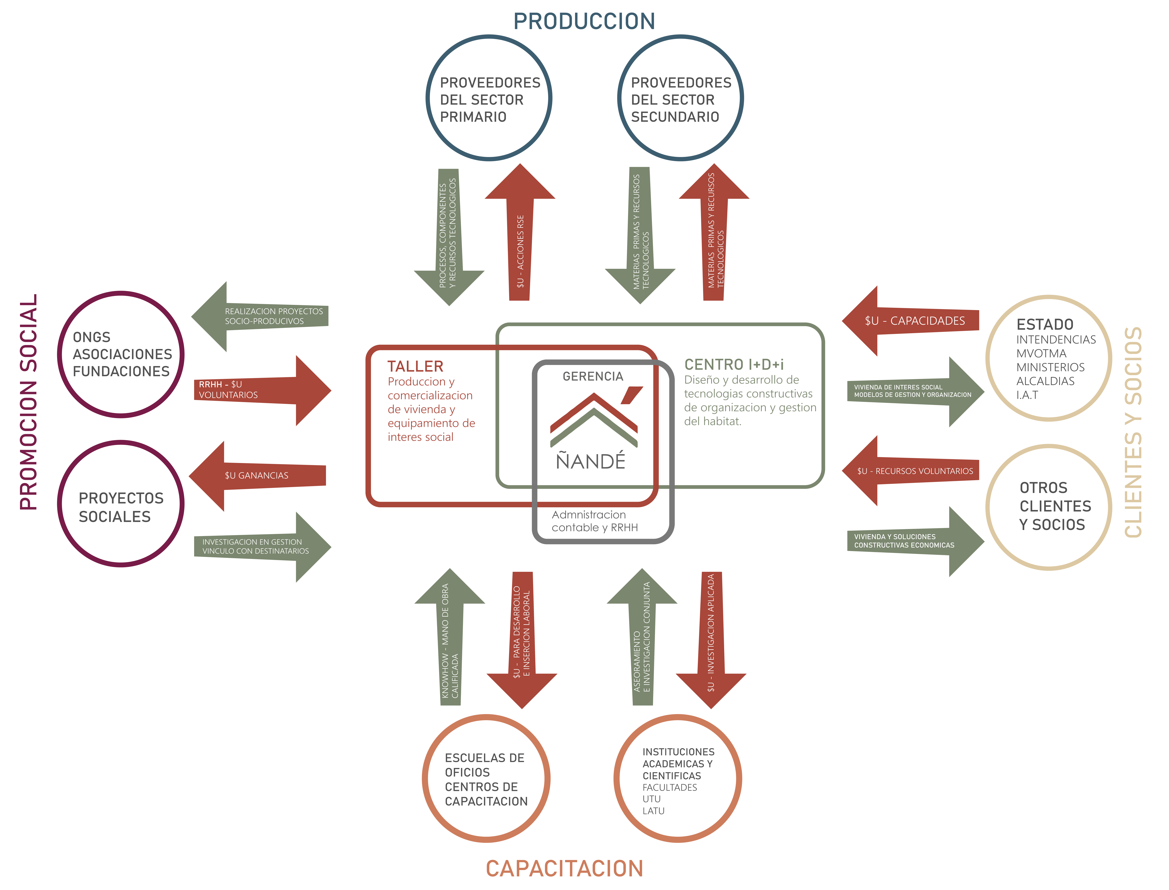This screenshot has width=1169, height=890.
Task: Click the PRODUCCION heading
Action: (584, 21)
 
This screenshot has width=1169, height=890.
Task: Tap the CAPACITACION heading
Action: (565, 869)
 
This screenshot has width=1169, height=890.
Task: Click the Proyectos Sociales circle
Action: (121, 504)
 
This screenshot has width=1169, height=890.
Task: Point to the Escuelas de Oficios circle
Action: (486, 779)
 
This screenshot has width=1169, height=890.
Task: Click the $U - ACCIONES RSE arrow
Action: (520, 233)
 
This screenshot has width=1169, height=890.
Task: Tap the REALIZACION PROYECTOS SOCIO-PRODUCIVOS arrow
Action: (260, 316)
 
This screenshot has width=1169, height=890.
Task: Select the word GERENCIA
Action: (593, 377)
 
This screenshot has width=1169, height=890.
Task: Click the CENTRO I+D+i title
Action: (734, 364)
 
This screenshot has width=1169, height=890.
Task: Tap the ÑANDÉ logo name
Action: (591, 461)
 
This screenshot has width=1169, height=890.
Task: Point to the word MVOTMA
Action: (1041, 353)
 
